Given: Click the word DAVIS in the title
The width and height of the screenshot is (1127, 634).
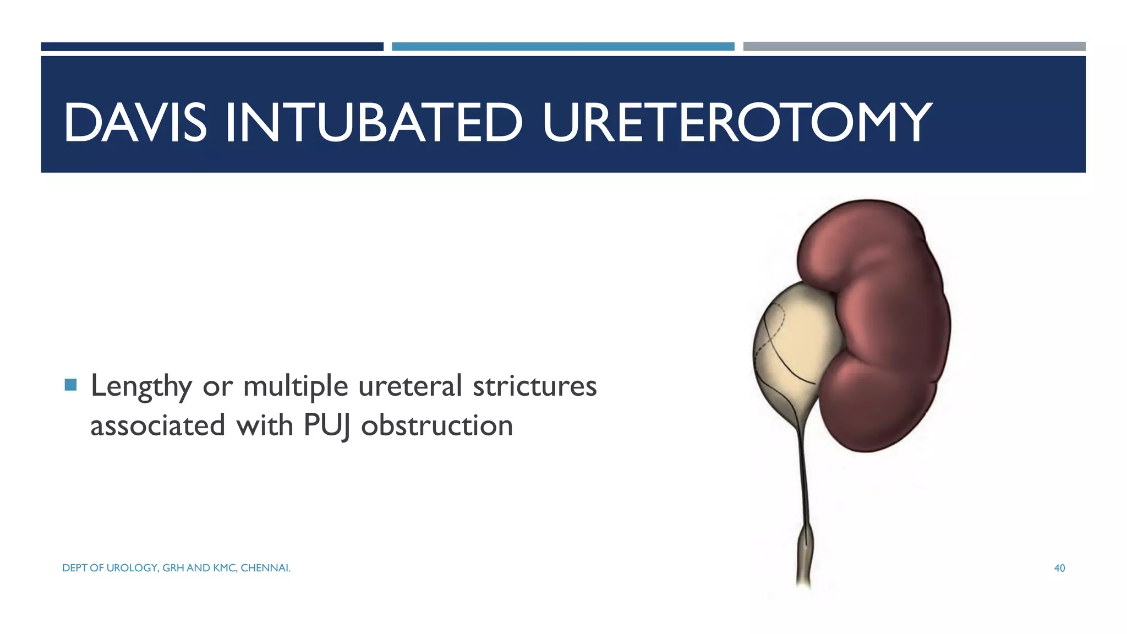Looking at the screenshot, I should pyautogui.click(x=135, y=122).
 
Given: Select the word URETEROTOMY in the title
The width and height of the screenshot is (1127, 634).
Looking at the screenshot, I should pyautogui.click(x=736, y=122).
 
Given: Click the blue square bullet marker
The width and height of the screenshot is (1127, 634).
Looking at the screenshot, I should pyautogui.click(x=70, y=384).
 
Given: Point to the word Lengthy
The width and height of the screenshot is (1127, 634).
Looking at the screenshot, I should pyautogui.click(x=141, y=386).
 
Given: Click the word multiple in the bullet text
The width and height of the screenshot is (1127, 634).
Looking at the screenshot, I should pyautogui.click(x=296, y=386).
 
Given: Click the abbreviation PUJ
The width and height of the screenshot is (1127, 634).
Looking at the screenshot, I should pyautogui.click(x=326, y=426).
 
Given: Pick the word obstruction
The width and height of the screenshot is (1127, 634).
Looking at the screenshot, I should pyautogui.click(x=437, y=425).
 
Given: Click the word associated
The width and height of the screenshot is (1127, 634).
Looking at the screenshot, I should pyautogui.click(x=158, y=425).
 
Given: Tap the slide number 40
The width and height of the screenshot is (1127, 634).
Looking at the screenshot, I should pyautogui.click(x=1059, y=568).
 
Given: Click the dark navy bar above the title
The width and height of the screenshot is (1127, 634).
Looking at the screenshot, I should pyautogui.click(x=212, y=47).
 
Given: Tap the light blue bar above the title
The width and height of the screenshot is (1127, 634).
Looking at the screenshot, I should pyautogui.click(x=563, y=47).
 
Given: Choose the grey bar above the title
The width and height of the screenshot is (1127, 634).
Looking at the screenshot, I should pyautogui.click(x=914, y=47).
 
